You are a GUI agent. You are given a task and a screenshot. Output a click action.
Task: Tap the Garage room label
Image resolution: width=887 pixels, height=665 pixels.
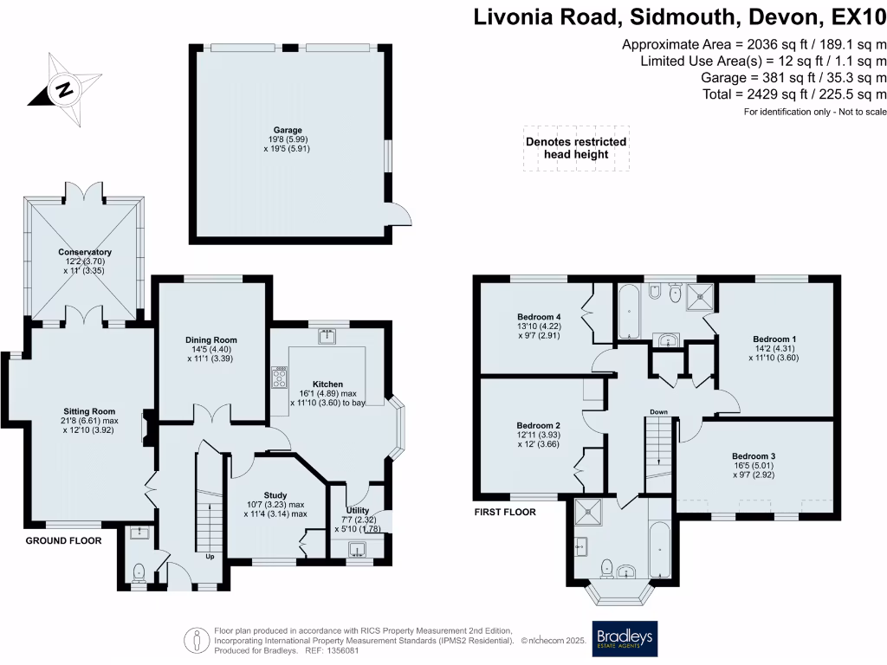click(290, 131)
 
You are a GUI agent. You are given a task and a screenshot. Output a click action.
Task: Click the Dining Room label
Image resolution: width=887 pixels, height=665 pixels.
click(211, 340)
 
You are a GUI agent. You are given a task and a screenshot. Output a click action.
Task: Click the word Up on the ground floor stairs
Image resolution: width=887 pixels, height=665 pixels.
click(209, 557)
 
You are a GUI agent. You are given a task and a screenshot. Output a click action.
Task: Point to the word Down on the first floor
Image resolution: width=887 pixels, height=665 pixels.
click(659, 411)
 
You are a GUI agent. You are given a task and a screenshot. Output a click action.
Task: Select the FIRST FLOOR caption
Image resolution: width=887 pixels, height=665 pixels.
click(505, 512)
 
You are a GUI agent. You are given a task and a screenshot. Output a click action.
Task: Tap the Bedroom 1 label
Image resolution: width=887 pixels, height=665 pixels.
click(774, 339)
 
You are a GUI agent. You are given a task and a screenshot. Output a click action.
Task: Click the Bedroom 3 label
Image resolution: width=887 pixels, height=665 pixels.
click(754, 456)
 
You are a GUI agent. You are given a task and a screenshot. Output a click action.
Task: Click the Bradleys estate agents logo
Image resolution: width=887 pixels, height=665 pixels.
click(624, 638)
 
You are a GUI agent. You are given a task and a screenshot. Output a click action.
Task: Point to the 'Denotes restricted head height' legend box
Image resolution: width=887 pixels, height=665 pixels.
click(576, 148)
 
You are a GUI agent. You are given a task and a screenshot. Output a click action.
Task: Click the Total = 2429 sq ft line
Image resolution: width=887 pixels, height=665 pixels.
click(753, 94)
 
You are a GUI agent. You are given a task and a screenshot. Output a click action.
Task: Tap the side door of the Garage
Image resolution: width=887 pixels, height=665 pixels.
click(399, 216)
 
